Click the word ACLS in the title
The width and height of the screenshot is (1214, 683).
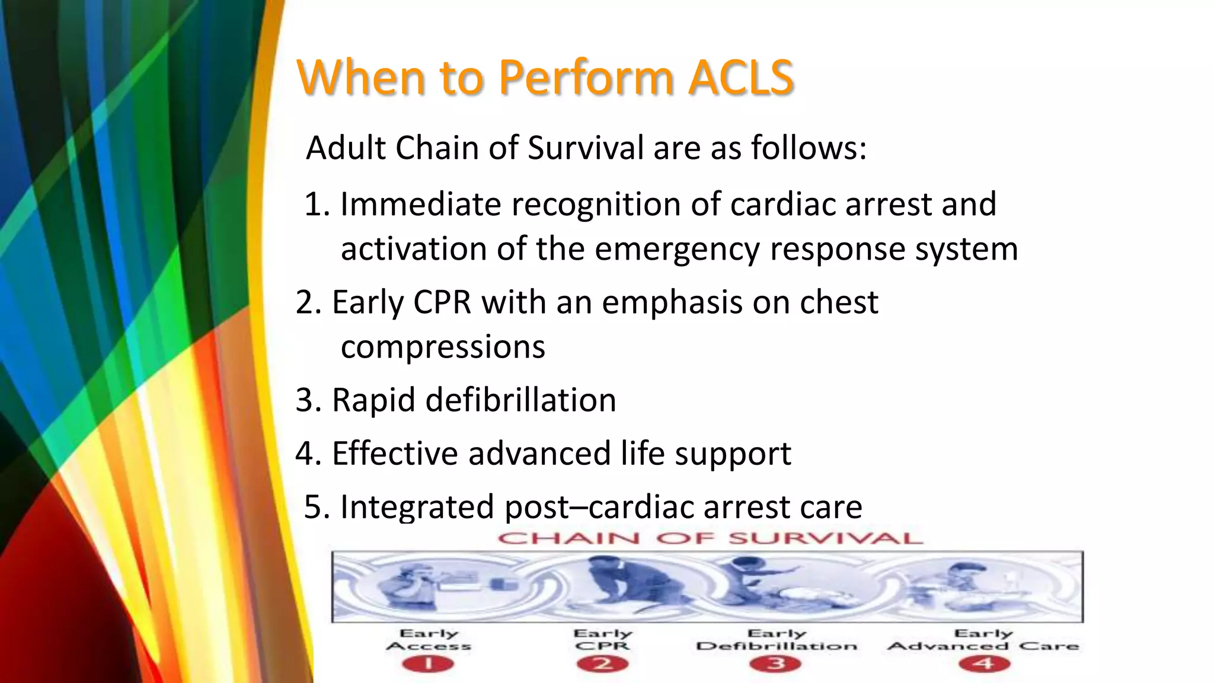tap(740, 77)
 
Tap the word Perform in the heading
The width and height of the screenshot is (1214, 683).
tap(586, 77)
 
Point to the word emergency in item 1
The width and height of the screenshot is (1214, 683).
tap(676, 249)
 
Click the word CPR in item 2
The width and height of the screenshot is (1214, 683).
tap(442, 302)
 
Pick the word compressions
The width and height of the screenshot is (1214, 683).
tap(443, 347)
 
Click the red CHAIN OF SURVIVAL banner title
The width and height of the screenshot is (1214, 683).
tap(710, 538)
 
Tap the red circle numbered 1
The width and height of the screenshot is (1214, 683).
tap(428, 663)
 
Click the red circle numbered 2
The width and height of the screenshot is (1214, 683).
tap(602, 663)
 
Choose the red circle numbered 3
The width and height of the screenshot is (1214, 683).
tap(775, 663)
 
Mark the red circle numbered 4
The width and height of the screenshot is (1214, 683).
tap(984, 663)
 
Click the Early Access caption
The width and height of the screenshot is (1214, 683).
tap(429, 640)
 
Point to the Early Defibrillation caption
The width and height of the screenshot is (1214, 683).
tap(777, 640)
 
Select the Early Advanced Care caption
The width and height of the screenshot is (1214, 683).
tap(983, 640)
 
